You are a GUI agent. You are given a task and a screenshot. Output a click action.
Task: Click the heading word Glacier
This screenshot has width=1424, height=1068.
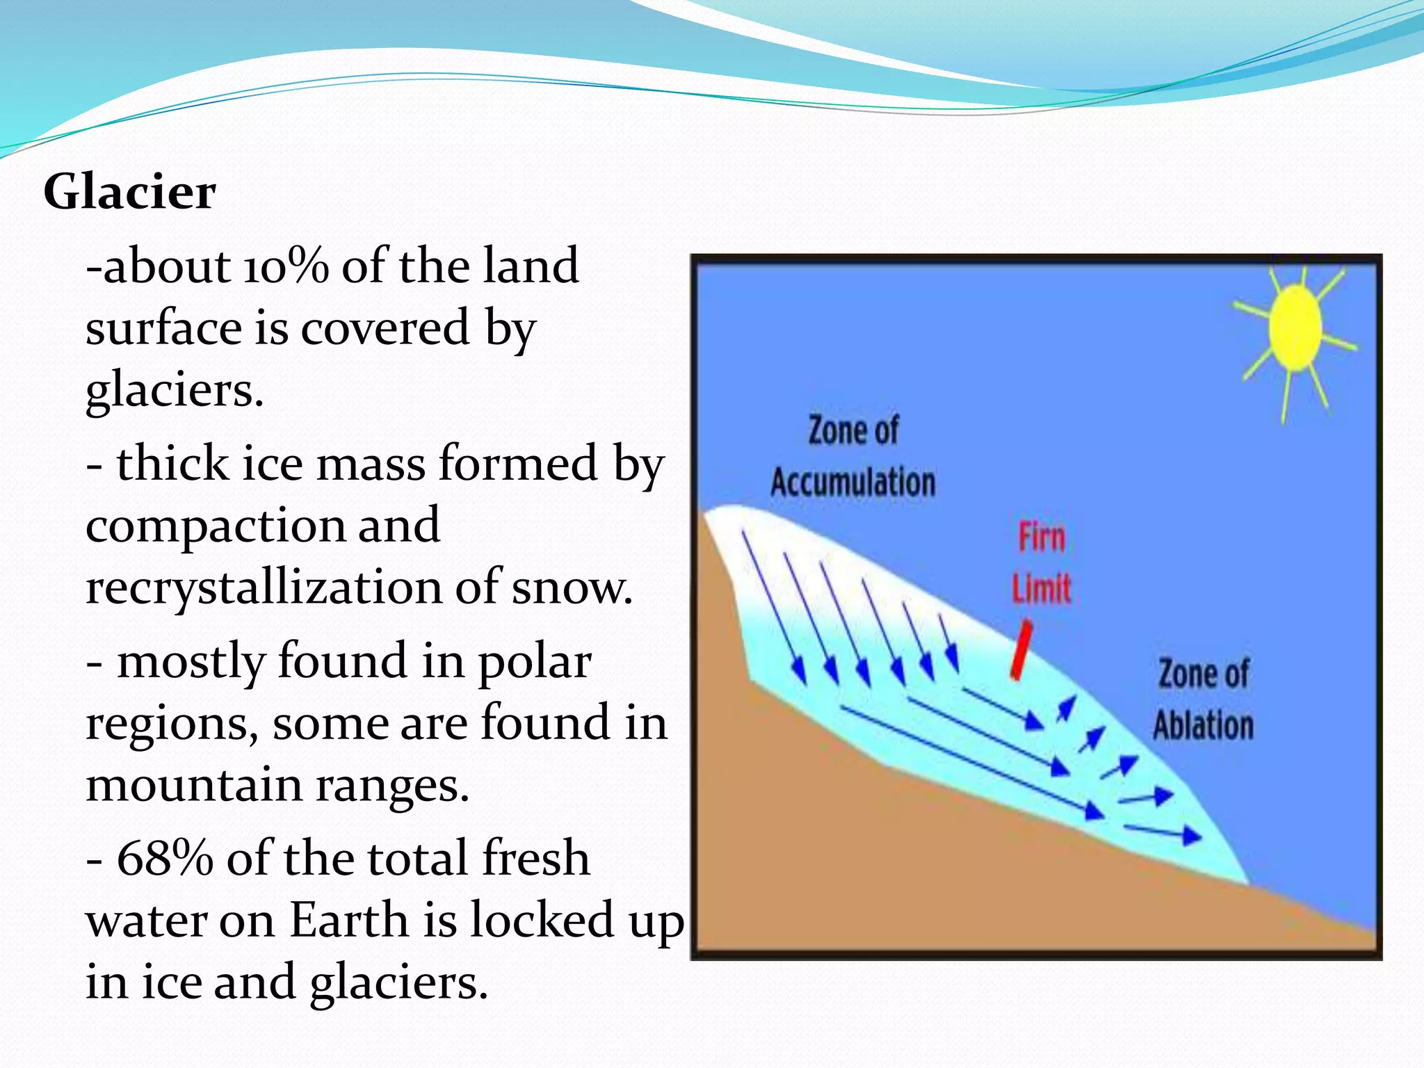pos(129,192)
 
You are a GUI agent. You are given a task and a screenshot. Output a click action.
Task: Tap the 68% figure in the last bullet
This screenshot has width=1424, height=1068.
pos(165,859)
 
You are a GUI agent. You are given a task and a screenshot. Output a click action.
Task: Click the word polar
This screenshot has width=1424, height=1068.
pos(535,662)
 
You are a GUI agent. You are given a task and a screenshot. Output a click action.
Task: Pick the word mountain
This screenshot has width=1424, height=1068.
pos(193,786)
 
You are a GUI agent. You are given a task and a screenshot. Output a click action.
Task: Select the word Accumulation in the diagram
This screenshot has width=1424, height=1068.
pos(853,483)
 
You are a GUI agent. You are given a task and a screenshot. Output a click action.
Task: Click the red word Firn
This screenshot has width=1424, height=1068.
pos(1042,538)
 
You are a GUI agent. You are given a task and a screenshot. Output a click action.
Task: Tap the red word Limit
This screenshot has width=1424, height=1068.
pos(1042,589)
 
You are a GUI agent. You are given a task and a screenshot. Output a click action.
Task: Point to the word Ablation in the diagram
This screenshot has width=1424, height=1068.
pos(1204,725)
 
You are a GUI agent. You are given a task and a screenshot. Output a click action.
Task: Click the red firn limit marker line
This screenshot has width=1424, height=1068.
pos(1021,651)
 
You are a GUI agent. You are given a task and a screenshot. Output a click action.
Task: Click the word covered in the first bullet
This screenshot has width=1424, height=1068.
pos(385,328)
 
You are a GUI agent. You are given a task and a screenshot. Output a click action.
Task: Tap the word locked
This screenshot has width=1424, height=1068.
pos(542,921)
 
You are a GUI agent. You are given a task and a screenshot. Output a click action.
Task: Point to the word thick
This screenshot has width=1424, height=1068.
pos(172,464)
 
